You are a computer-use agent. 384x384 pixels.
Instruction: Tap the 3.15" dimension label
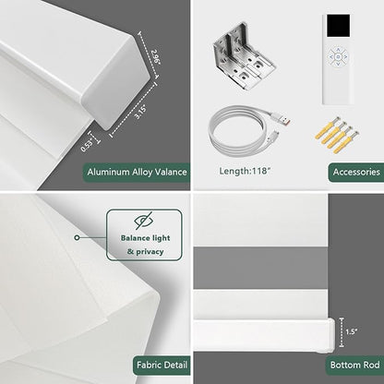140,113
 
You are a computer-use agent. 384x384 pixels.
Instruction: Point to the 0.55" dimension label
88,145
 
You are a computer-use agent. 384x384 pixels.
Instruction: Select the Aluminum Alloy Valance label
137,172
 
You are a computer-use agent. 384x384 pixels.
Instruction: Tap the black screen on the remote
338,26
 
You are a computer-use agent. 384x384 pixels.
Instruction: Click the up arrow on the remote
338,50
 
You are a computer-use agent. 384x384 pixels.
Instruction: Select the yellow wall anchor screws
337,135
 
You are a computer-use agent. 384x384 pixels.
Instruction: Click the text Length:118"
245,171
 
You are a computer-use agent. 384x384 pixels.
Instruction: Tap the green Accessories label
356,172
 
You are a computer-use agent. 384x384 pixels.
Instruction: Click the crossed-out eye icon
144,221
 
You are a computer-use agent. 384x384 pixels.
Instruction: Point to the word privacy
150,252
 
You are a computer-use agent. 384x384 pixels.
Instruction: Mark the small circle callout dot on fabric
78,238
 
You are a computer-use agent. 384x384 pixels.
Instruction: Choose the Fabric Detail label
162,366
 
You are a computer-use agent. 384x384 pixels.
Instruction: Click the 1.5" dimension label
351,331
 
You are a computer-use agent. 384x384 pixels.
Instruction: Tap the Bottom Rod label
354,365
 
